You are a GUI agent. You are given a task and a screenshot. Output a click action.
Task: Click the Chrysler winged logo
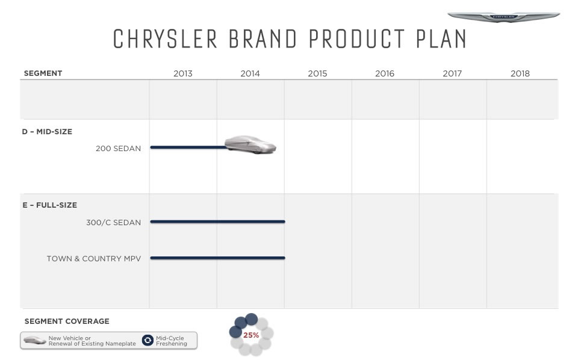[503, 17]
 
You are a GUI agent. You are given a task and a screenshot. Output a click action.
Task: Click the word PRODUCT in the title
[357, 39]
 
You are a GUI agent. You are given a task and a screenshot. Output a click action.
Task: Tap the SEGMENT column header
[43, 73]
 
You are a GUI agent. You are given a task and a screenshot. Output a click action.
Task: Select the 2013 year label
[183, 73]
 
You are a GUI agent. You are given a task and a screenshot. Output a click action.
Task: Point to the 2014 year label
[250, 73]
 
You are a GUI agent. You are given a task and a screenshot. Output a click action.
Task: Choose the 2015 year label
[317, 73]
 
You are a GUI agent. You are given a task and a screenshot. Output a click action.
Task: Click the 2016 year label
[385, 73]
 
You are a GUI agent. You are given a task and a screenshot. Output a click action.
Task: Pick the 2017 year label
[452, 73]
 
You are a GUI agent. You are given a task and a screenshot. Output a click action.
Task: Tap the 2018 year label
[520, 73]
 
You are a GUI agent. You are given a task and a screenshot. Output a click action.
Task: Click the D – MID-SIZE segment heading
[47, 132]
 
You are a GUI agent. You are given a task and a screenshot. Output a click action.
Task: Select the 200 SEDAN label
[119, 149]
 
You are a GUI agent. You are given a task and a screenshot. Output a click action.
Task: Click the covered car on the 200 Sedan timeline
[250, 144]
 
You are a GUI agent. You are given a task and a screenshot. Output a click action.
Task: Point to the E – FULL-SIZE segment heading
[50, 205]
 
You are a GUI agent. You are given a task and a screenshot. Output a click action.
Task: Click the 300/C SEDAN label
[114, 223]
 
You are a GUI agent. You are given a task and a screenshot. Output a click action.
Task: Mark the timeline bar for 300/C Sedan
[217, 222]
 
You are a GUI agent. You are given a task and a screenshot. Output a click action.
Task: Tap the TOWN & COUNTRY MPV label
[94, 259]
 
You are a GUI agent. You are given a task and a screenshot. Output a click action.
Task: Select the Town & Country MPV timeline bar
[217, 258]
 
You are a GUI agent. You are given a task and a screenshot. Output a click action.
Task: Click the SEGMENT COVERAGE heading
[67, 321]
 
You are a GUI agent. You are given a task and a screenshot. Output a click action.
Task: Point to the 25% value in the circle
[251, 335]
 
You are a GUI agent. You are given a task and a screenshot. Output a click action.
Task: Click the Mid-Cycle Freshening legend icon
[148, 340]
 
